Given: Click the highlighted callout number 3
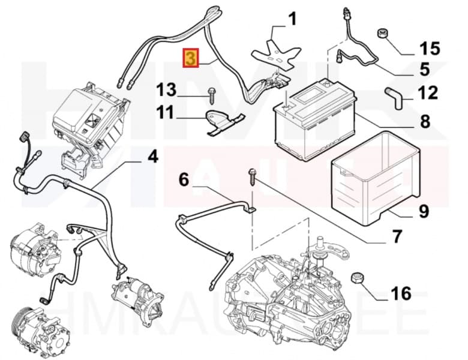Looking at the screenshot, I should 190,58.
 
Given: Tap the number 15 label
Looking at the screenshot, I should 429,47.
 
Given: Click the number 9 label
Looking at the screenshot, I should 424,211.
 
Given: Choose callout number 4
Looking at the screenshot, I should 152,157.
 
